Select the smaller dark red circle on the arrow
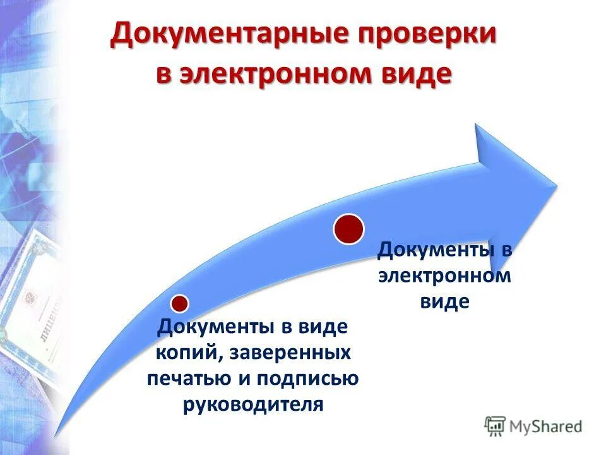[180, 304]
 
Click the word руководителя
[253, 404]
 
